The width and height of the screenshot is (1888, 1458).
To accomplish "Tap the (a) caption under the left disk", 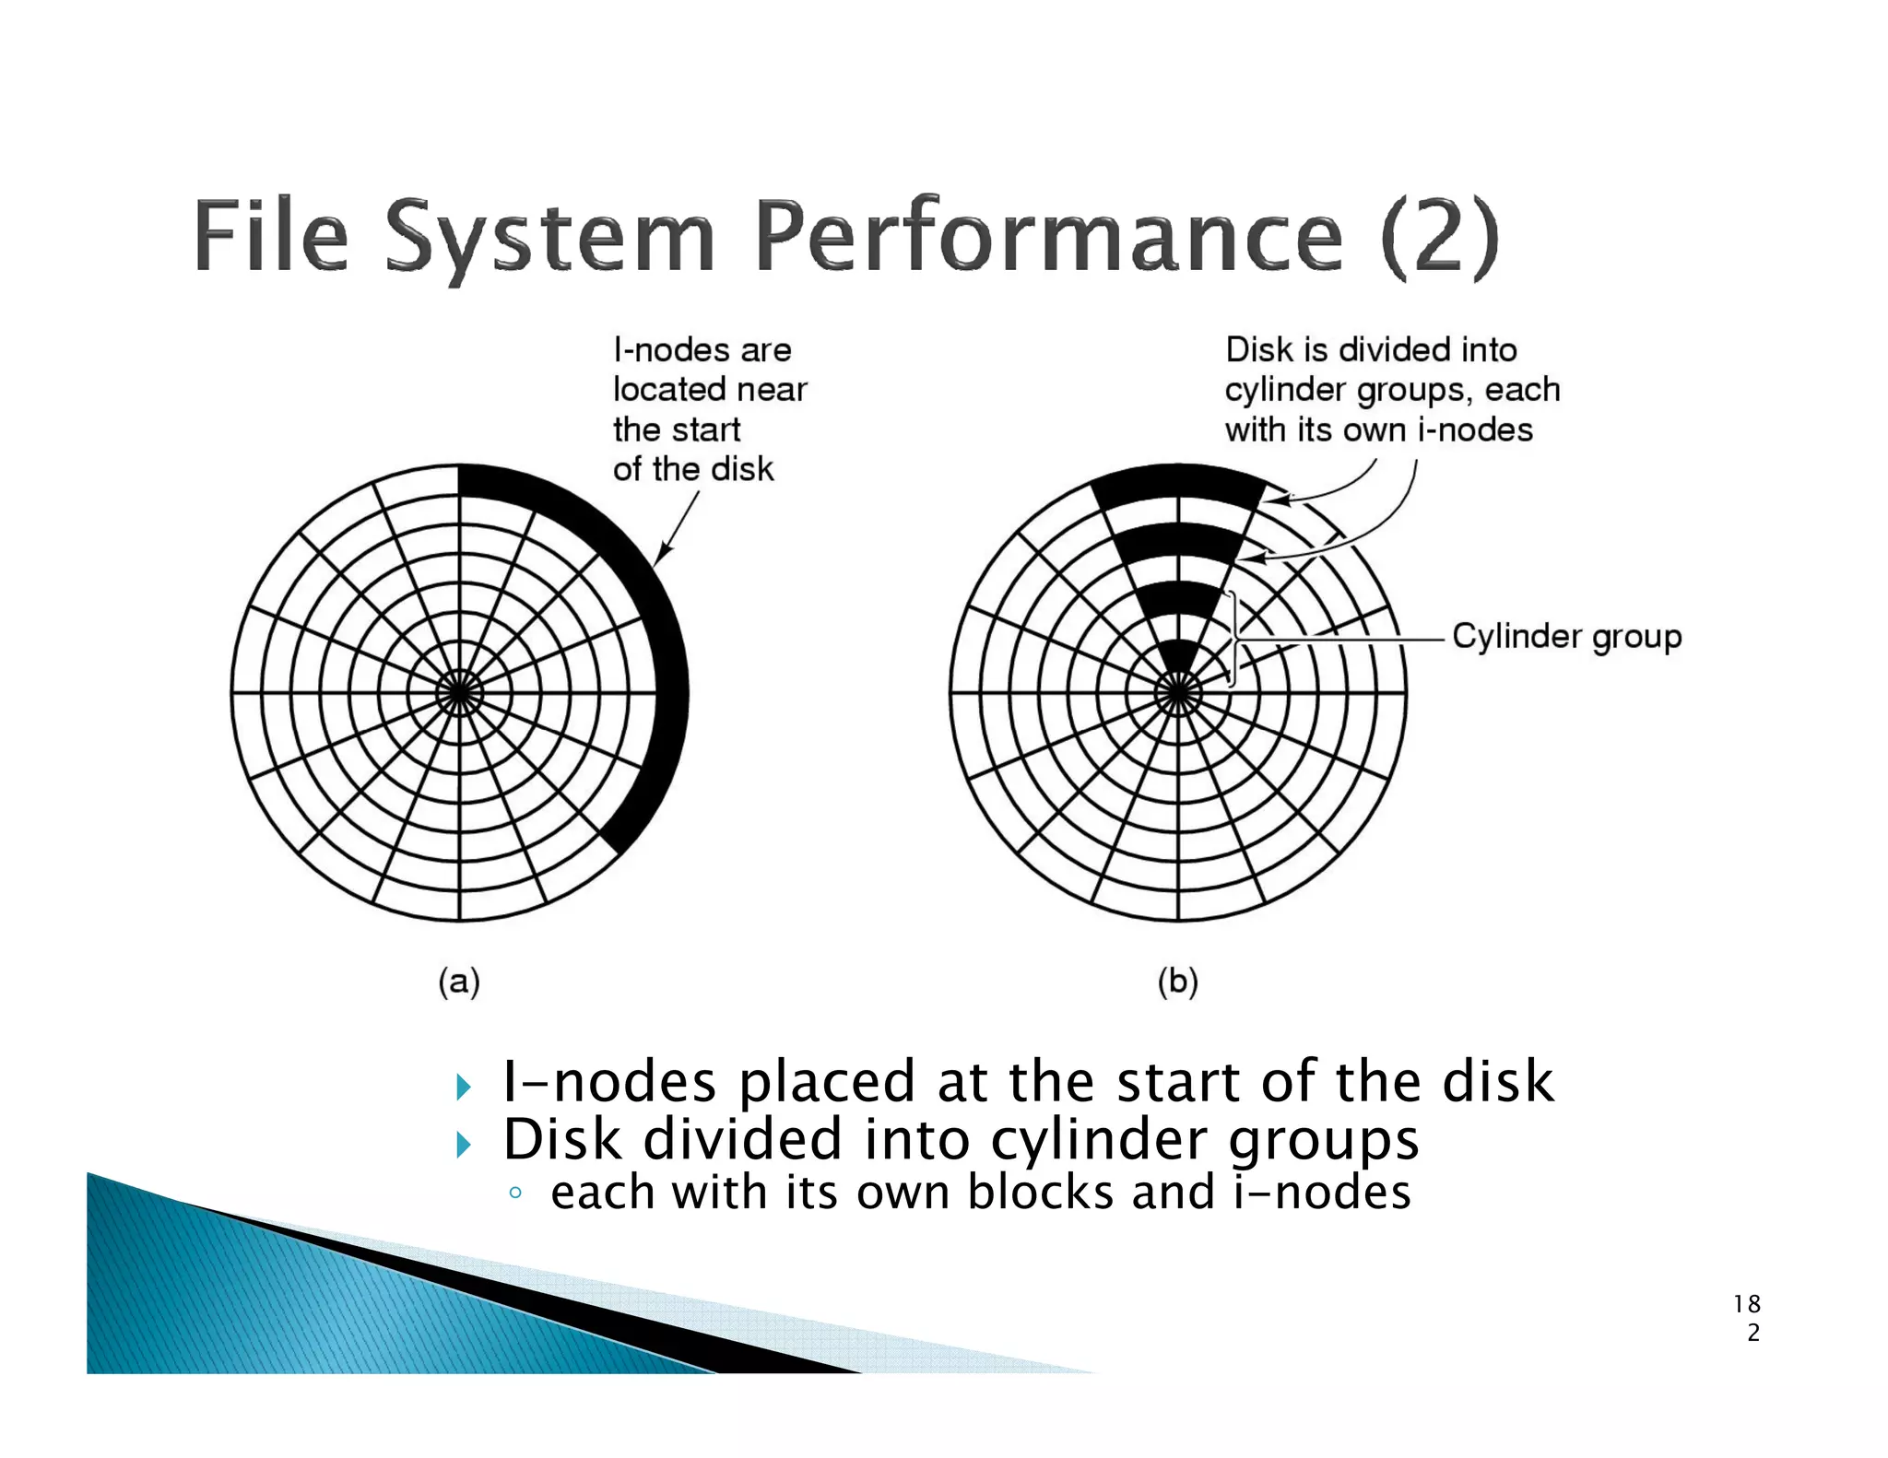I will (x=459, y=982).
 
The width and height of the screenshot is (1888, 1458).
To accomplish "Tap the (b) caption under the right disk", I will (x=1177, y=982).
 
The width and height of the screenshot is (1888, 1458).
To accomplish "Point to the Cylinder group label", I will (x=1566, y=636).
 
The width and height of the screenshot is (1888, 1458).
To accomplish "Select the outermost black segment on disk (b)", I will (x=1178, y=485).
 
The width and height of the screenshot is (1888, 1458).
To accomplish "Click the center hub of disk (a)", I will (x=459, y=692).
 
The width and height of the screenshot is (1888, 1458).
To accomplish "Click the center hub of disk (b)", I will (x=1178, y=692).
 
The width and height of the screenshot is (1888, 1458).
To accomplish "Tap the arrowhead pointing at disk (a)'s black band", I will (x=660, y=557).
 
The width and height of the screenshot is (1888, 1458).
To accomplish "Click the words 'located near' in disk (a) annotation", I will (x=709, y=390).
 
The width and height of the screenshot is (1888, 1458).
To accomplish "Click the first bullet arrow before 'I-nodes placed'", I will (x=464, y=1088).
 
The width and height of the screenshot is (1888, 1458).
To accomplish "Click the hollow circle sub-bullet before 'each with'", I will (x=515, y=1193).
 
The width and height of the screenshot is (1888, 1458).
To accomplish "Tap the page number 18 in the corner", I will (x=1746, y=1304).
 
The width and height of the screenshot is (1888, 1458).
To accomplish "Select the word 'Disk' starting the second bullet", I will (x=562, y=1140).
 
